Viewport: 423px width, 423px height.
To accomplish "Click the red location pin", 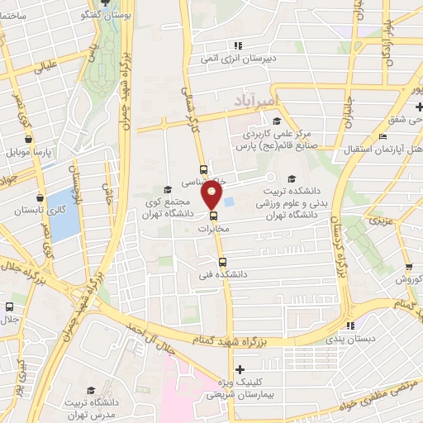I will (213, 195).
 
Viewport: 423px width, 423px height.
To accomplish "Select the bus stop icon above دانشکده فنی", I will (210, 261).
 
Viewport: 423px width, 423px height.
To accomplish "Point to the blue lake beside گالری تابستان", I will (59, 210).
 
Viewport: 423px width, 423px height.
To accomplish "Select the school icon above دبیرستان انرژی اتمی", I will (238, 45).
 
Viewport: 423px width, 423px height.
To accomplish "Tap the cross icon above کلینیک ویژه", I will (239, 368).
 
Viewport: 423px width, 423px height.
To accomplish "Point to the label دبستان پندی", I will (350, 340).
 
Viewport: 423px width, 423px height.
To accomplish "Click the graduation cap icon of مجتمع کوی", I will (168, 189).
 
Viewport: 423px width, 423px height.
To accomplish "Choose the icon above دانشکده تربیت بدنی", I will (290, 179).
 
